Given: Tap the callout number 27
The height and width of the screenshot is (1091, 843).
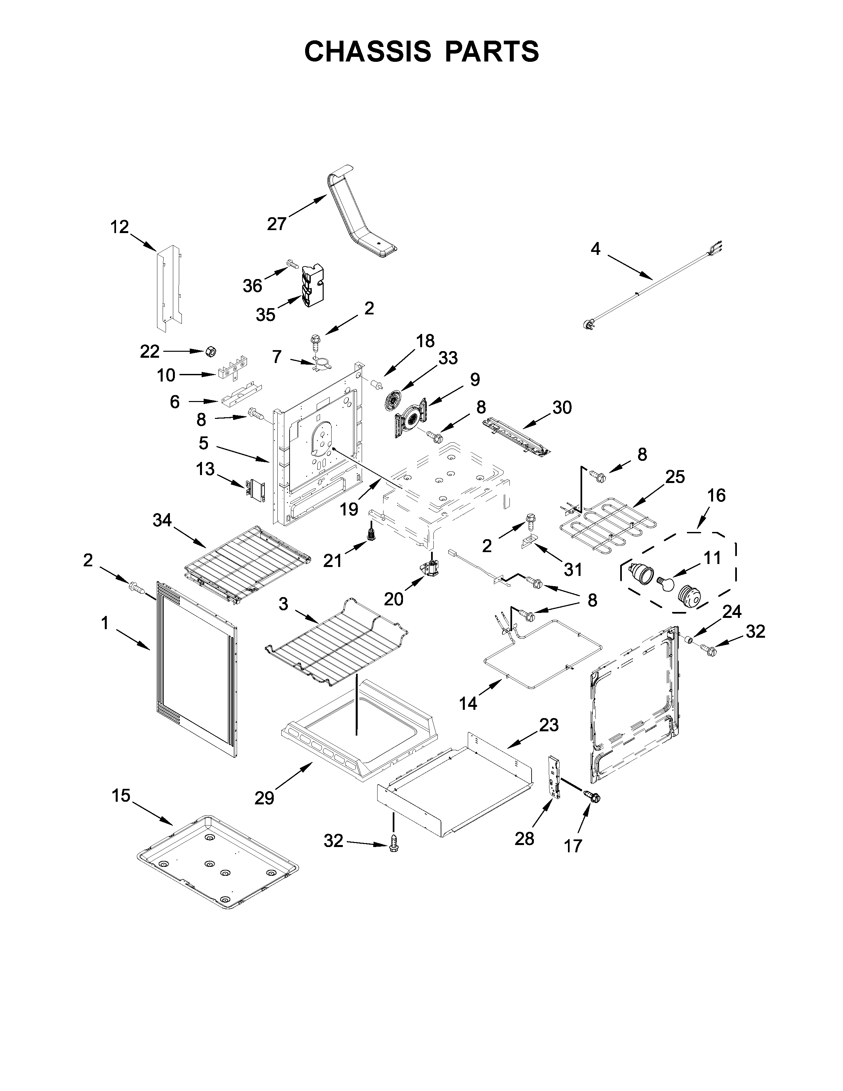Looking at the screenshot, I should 276,224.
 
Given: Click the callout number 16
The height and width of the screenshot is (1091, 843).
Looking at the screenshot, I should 716,496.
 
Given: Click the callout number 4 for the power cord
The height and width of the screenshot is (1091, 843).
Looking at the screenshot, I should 595,248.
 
